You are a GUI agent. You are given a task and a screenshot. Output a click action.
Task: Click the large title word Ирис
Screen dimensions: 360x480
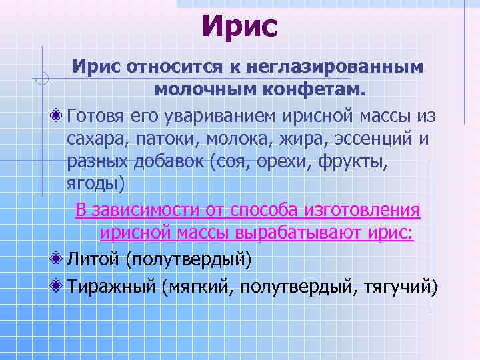(239, 27)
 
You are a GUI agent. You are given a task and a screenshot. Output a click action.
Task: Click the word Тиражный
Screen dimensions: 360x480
(111, 287)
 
